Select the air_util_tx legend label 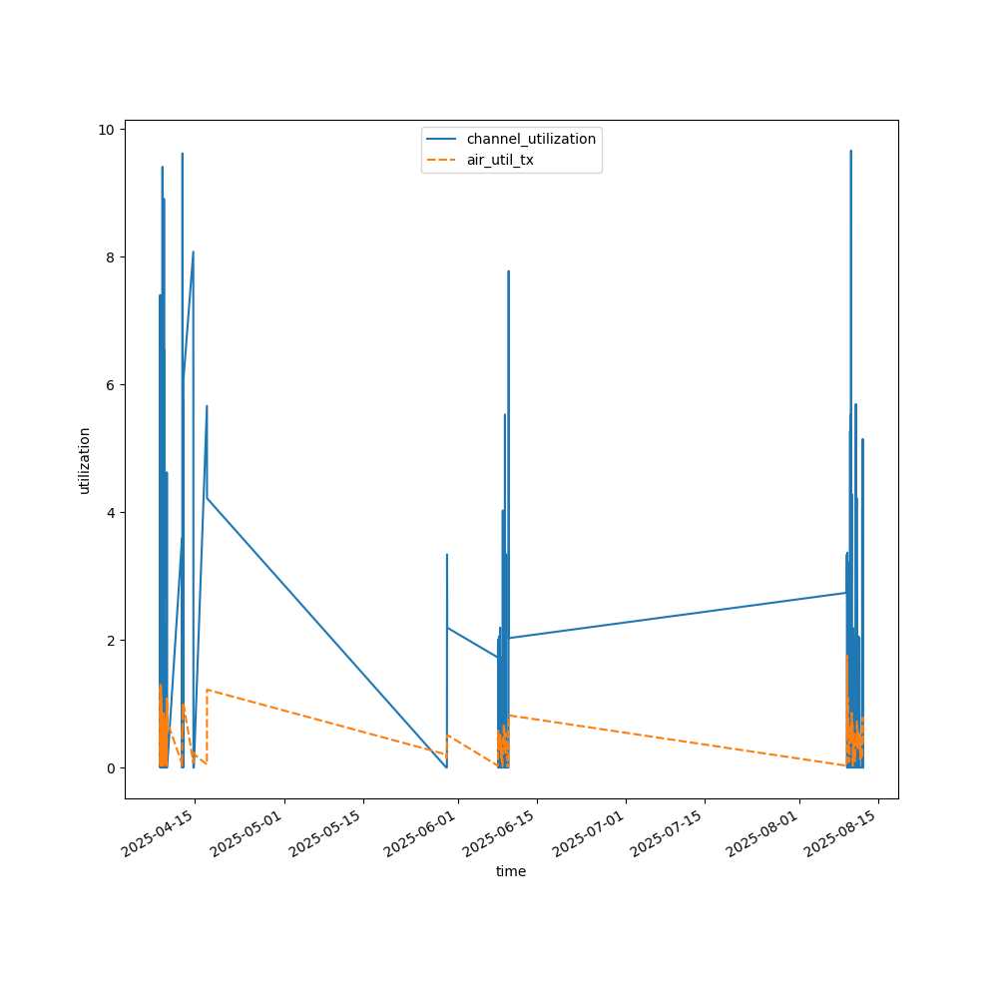click(x=500, y=160)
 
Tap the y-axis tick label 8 click(x=110, y=257)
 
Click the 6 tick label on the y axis click(x=110, y=385)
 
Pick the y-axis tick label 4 click(x=110, y=513)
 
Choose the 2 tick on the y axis click(x=110, y=641)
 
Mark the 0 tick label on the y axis click(x=110, y=768)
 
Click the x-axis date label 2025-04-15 click(x=160, y=834)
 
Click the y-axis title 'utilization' click(x=85, y=460)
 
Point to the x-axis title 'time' click(x=511, y=871)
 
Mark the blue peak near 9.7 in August click(x=850, y=152)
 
